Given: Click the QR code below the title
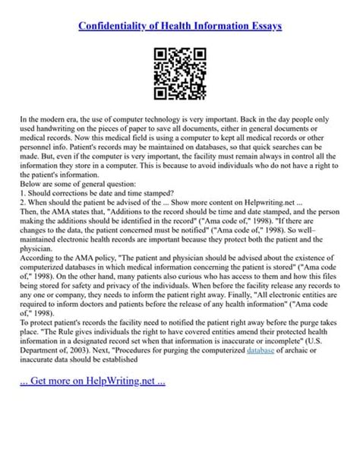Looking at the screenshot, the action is pos(180,74).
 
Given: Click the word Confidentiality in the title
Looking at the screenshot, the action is pos(116,26).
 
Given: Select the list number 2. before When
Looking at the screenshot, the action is pos(24,203).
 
